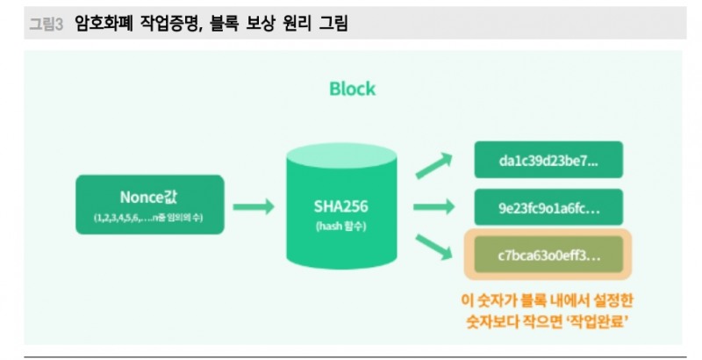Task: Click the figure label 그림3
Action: pyautogui.click(x=47, y=25)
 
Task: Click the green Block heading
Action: pyautogui.click(x=352, y=89)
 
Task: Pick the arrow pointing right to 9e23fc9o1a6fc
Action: pyautogui.click(x=436, y=208)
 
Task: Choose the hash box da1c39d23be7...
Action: pyautogui.click(x=548, y=161)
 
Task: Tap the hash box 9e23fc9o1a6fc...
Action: pyautogui.click(x=548, y=208)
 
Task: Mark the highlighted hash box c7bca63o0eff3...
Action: pyautogui.click(x=548, y=255)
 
